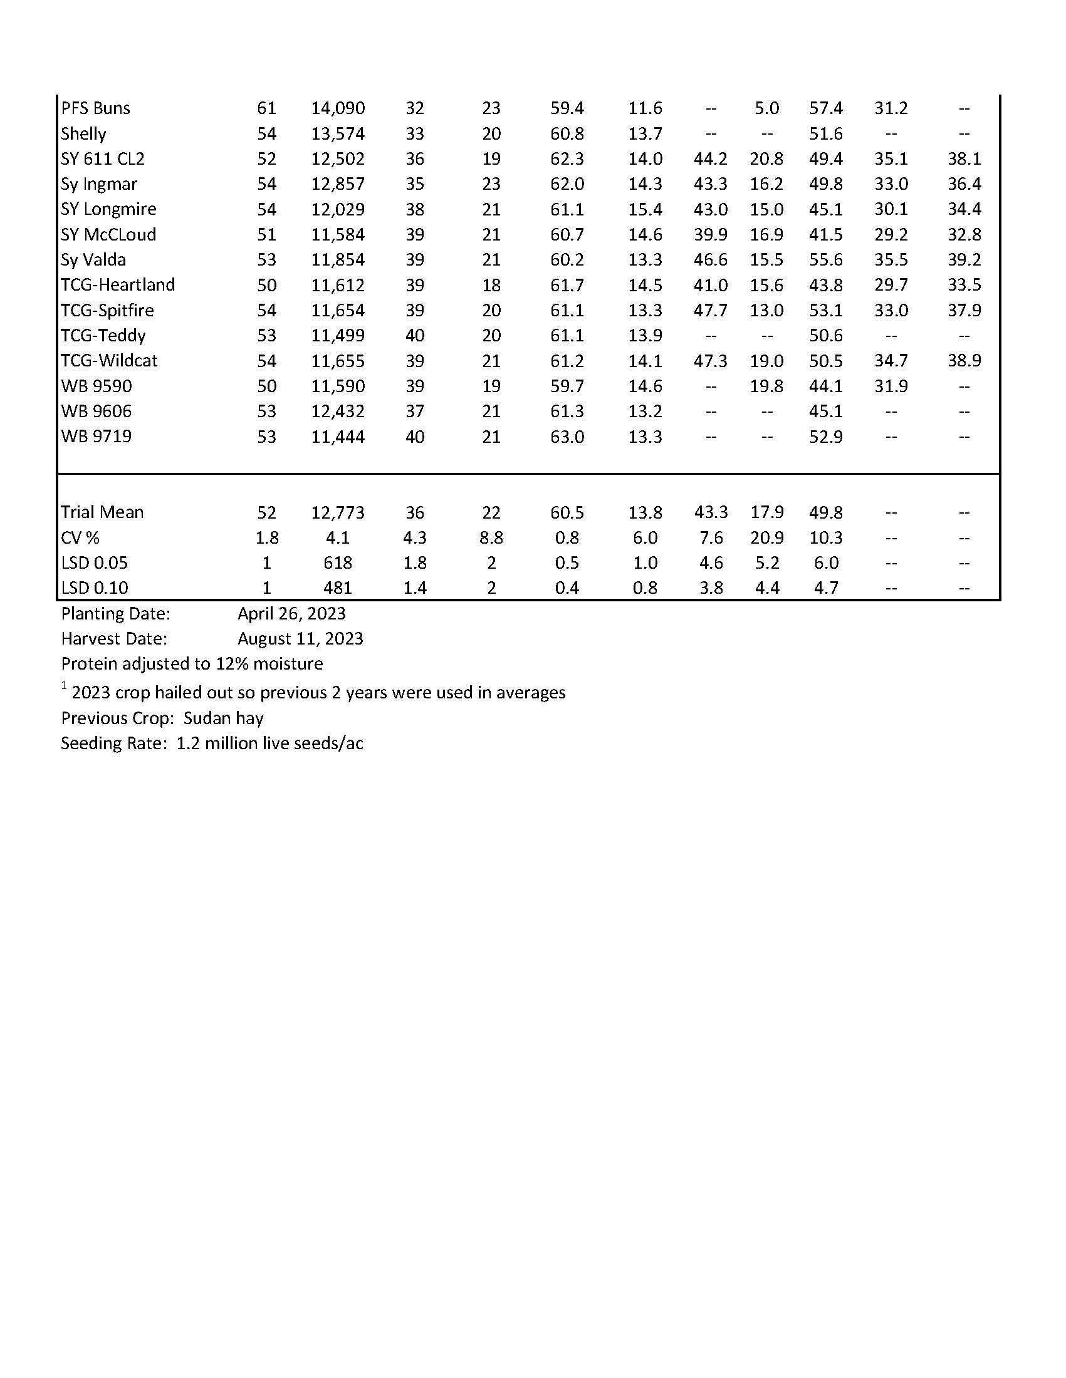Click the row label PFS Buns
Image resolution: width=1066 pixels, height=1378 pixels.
click(95, 108)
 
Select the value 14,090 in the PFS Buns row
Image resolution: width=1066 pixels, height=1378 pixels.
click(338, 108)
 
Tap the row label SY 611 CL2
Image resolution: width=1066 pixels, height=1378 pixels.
click(102, 159)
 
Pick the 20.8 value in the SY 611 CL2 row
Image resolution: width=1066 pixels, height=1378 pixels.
click(766, 159)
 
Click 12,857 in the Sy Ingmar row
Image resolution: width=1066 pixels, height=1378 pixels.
click(338, 184)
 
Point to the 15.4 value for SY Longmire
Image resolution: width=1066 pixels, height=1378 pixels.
click(644, 209)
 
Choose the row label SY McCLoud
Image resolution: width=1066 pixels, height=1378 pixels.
click(108, 235)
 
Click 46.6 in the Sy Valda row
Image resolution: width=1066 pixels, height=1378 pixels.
click(711, 260)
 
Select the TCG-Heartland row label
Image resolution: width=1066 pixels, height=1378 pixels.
click(117, 285)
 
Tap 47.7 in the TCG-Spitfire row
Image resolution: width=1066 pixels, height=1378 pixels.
click(711, 311)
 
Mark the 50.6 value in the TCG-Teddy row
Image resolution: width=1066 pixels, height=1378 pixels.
click(825, 336)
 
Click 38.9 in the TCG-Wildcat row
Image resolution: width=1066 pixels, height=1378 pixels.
click(964, 361)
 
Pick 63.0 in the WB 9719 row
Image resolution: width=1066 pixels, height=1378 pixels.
click(567, 437)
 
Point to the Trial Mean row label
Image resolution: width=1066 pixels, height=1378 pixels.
click(102, 512)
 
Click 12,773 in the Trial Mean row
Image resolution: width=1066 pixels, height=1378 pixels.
click(338, 512)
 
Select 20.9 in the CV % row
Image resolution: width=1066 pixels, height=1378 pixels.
click(766, 537)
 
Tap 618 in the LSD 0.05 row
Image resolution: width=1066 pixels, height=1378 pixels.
click(338, 563)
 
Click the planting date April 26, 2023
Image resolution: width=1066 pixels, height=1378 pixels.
click(291, 614)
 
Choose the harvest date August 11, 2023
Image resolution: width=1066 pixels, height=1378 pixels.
click(300, 639)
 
